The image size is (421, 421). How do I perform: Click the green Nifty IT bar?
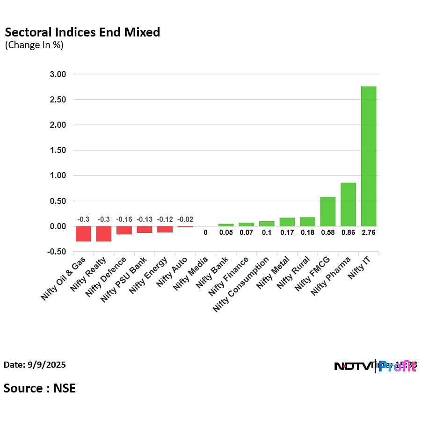[368, 156]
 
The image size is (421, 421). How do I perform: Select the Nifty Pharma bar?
[348, 204]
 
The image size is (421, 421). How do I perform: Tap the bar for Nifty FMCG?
[327, 211]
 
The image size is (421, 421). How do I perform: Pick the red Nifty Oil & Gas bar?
[83, 233]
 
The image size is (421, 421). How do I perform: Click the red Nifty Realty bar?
[104, 233]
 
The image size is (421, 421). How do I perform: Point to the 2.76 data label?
[368, 232]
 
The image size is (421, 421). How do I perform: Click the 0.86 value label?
[348, 232]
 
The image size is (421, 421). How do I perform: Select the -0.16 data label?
[124, 219]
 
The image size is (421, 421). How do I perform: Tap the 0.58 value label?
[327, 232]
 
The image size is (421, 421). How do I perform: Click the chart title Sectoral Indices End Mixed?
[82, 32]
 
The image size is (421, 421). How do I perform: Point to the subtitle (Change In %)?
[34, 45]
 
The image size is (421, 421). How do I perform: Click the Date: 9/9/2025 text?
[35, 365]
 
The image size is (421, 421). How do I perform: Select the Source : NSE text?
[40, 388]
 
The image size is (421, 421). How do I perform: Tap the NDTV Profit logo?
[375, 366]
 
